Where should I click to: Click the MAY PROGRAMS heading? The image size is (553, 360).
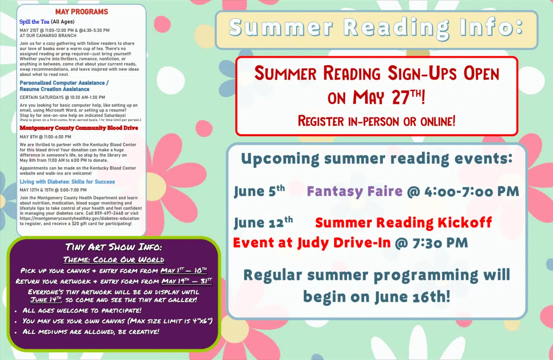tap(82, 12)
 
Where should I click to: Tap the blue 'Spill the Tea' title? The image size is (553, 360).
tap(34, 22)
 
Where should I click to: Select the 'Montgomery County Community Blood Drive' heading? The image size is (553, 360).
tap(79, 128)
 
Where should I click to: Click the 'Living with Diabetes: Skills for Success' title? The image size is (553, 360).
tap(67, 182)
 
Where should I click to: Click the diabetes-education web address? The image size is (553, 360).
tap(79, 219)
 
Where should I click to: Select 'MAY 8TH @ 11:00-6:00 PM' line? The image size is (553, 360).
tap(45, 137)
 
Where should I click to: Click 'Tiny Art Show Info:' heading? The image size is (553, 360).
tap(114, 247)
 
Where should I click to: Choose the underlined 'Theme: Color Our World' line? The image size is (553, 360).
tap(114, 259)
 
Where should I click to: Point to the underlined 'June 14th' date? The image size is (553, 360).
tap(46, 299)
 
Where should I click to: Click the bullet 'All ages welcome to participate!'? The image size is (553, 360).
tap(82, 310)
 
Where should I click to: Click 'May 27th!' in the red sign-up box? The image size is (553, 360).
tap(389, 97)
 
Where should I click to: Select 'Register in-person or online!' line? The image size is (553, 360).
tap(376, 121)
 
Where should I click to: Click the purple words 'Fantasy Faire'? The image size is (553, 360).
tap(355, 191)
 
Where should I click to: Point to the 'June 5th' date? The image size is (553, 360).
tap(260, 191)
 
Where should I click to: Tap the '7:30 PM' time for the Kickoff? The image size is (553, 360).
tap(440, 243)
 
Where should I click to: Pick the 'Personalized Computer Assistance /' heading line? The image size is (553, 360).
tap(64, 83)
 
